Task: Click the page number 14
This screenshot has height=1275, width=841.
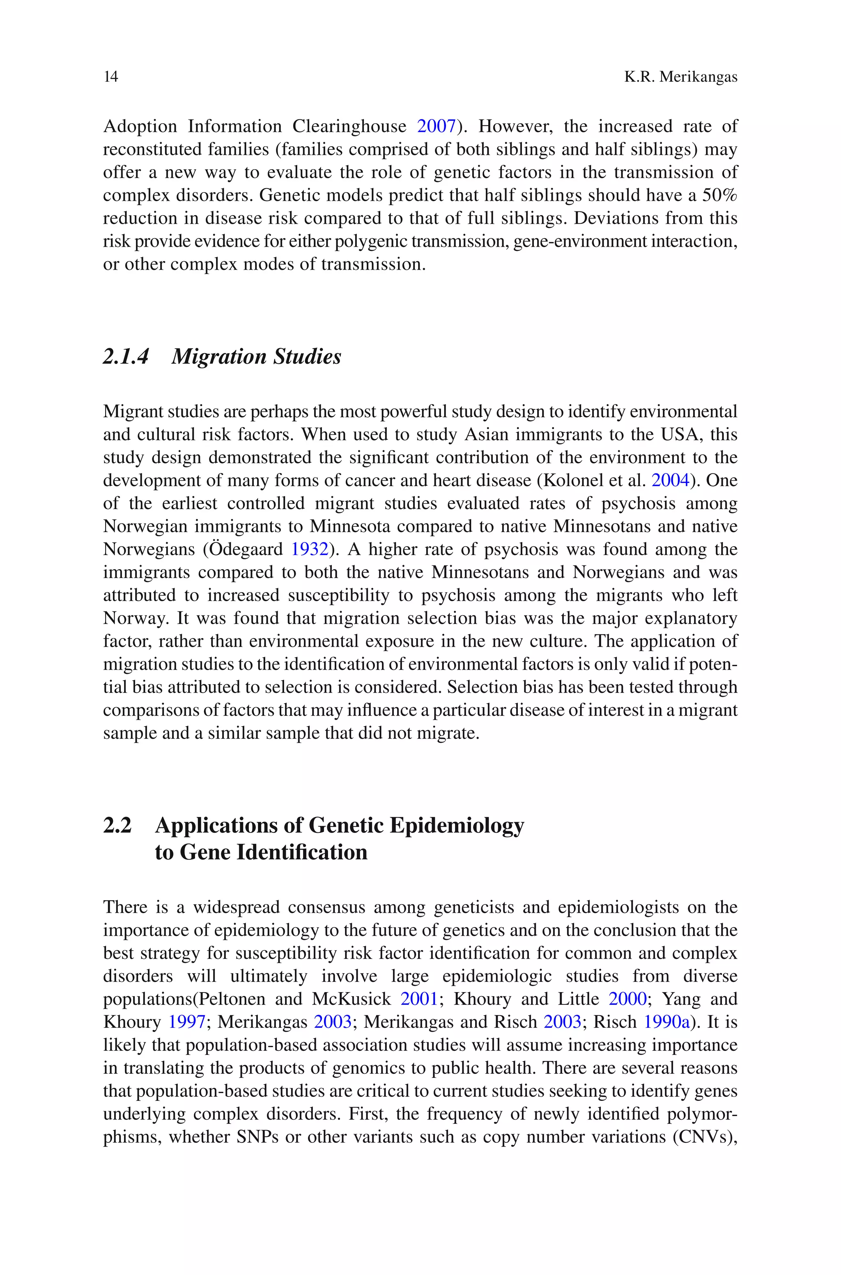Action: pyautogui.click(x=110, y=77)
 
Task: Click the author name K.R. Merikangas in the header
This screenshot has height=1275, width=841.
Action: pyautogui.click(x=680, y=77)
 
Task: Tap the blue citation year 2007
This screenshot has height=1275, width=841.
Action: pyautogui.click(x=436, y=126)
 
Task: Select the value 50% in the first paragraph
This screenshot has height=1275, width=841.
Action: pyautogui.click(x=720, y=195)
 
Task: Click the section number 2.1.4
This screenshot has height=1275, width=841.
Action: pyautogui.click(x=126, y=356)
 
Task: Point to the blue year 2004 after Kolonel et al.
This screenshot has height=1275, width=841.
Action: pyautogui.click(x=670, y=480)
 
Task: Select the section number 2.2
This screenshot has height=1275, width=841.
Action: pyautogui.click(x=117, y=825)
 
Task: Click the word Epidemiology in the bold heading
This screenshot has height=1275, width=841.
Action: pyautogui.click(x=457, y=826)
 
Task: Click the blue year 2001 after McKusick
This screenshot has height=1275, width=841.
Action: pyautogui.click(x=419, y=999)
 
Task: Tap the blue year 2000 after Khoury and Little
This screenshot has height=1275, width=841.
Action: pyautogui.click(x=627, y=999)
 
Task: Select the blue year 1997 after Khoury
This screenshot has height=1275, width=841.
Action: pyautogui.click(x=187, y=1022)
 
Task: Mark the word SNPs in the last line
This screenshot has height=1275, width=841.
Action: pyautogui.click(x=257, y=1137)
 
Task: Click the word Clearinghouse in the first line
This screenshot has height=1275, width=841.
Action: pyautogui.click(x=349, y=126)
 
